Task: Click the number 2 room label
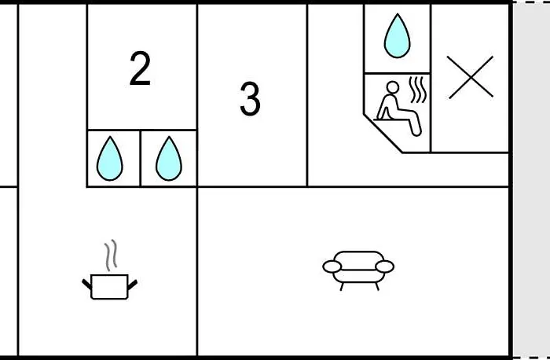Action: coord(140,68)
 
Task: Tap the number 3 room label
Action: coord(250,98)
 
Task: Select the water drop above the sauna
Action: coord(397,36)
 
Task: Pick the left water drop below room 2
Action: coord(110,159)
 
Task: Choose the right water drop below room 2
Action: coord(169,159)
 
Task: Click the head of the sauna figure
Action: coord(393,87)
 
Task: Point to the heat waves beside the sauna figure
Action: coord(417,90)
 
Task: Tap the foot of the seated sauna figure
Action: coord(416,131)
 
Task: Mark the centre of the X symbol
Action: coord(471,77)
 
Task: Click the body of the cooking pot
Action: coord(109,287)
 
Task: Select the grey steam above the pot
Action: coord(111,255)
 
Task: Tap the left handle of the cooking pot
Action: coord(86,285)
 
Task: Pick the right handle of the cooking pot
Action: coord(132,285)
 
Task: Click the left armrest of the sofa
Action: coord(332,266)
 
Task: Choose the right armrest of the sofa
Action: coord(384,266)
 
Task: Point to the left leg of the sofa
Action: coord(341,286)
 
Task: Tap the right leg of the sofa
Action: coord(377,286)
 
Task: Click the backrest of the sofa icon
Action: coord(358,260)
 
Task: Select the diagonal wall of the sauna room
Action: coord(383,134)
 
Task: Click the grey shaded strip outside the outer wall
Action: coord(531,180)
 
